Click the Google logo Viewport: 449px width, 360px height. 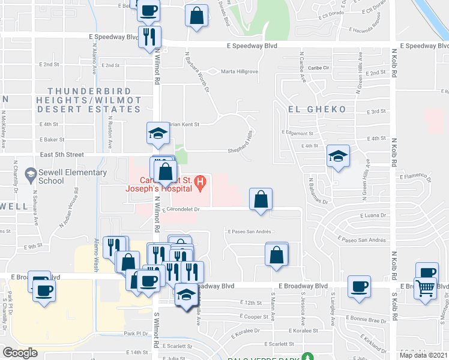coord(20,353)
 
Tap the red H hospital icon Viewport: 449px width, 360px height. coord(203,180)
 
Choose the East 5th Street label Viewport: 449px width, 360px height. coord(62,154)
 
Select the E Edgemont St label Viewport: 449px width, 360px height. coord(298,133)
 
